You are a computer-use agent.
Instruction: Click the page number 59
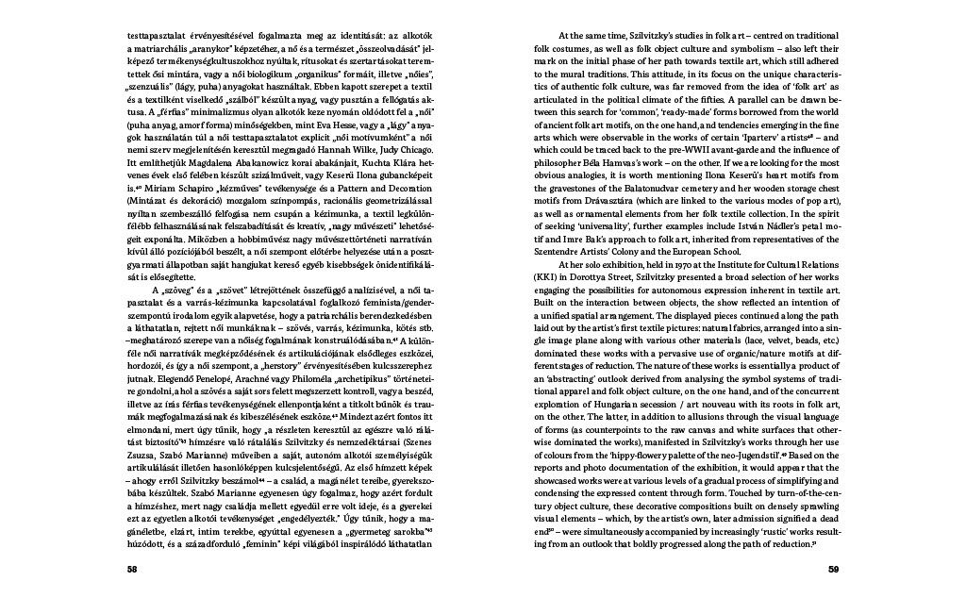[x=833, y=569]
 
